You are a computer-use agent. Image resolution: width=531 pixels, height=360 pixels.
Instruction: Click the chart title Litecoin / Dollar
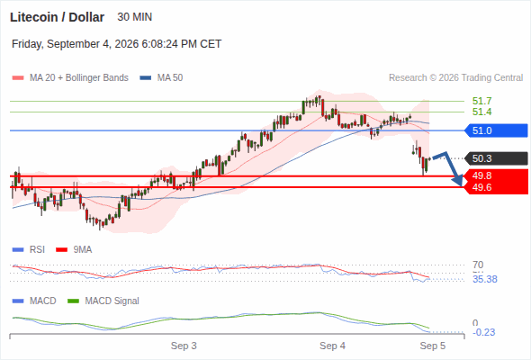click(x=57, y=17)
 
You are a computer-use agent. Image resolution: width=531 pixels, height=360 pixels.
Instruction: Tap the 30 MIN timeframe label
click(x=134, y=17)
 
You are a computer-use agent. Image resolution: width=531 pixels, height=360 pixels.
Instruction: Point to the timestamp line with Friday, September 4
click(x=116, y=44)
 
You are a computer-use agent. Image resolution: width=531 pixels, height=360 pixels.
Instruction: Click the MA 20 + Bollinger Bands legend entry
click(x=70, y=78)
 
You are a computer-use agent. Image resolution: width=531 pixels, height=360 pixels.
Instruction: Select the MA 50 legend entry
click(x=161, y=78)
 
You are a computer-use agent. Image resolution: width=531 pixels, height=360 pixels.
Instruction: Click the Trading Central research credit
click(x=455, y=78)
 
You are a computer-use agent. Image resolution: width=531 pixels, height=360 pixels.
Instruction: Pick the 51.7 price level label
click(x=481, y=101)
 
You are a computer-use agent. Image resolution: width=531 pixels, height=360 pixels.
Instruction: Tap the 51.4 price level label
click(x=481, y=112)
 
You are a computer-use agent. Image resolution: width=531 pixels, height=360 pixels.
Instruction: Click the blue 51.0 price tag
click(x=496, y=130)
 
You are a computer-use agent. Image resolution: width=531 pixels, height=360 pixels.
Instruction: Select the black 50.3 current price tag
click(x=496, y=158)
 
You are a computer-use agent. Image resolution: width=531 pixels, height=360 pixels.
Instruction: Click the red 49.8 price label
click(x=481, y=175)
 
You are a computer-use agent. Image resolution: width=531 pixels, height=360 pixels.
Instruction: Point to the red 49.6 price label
click(x=481, y=187)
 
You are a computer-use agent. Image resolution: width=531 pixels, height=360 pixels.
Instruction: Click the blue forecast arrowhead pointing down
click(x=458, y=181)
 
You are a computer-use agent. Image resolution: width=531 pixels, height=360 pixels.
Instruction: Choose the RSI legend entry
click(x=28, y=249)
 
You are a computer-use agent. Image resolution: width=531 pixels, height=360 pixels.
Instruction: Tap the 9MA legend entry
click(x=74, y=249)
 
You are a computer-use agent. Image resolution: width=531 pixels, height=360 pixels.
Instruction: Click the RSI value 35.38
click(x=485, y=279)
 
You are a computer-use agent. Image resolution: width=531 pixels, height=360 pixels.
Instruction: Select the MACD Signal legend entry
click(x=103, y=301)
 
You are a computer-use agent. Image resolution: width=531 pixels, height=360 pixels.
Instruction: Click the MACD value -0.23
click(x=483, y=332)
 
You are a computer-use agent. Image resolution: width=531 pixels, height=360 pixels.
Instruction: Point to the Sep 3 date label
click(x=184, y=346)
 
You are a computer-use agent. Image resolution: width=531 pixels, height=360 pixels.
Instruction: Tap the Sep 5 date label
click(x=433, y=346)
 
